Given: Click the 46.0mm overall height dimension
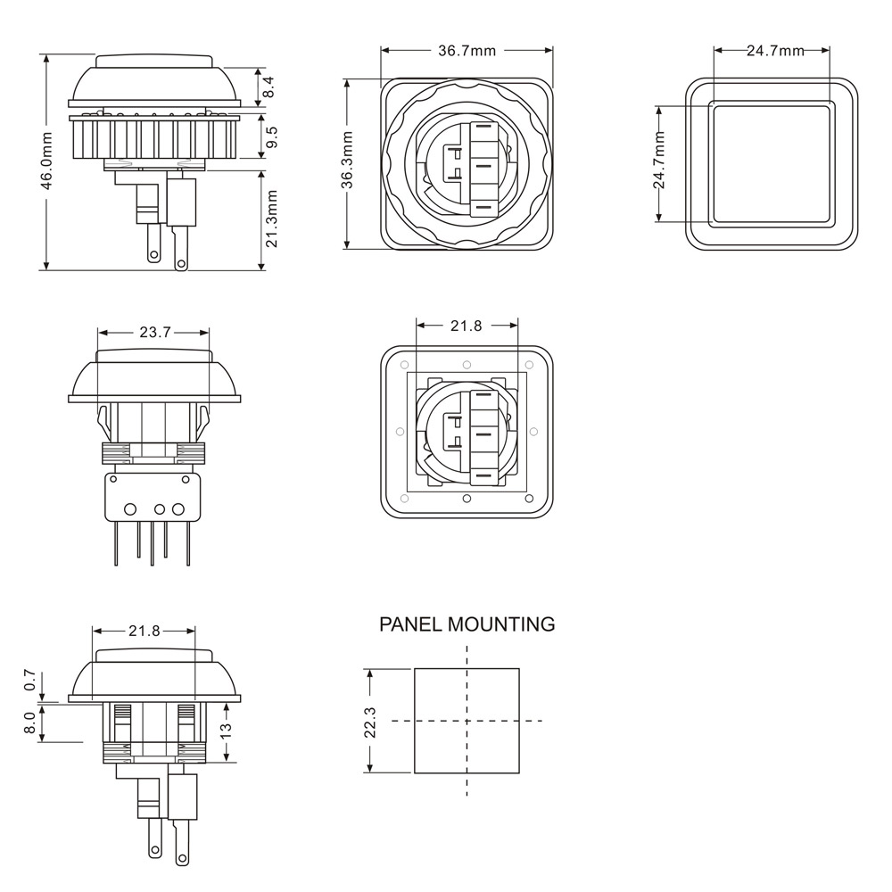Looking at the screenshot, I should [49, 161].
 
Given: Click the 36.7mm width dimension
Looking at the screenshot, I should [467, 51].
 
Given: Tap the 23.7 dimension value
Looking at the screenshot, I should [154, 332].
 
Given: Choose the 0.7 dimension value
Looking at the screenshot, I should [30, 680].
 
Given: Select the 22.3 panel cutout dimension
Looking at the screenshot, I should [370, 722].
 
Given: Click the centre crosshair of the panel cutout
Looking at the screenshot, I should [467, 721].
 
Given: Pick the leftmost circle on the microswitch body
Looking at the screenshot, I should [130, 509].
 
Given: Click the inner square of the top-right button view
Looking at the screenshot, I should [772, 162].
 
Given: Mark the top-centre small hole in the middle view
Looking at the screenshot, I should [467, 365].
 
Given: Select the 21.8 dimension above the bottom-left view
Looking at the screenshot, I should [144, 631].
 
